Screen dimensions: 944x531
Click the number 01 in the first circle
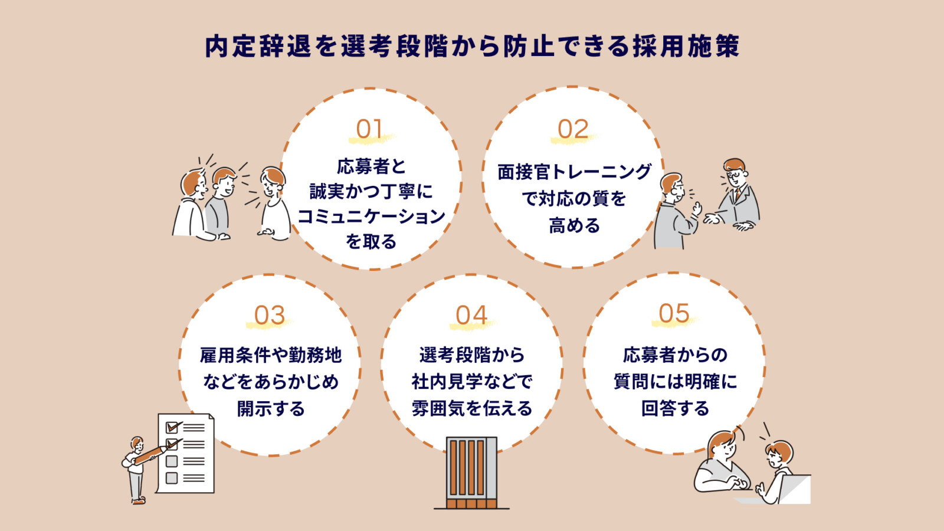click(369, 129)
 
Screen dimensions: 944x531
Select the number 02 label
click(573, 129)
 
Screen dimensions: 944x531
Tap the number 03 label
click(270, 316)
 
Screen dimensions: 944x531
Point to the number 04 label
click(471, 316)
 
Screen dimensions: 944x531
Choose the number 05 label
click(674, 313)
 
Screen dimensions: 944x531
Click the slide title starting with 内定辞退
click(472, 46)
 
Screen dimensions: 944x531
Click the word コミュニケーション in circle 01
click(371, 217)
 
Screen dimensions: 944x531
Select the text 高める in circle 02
click(574, 225)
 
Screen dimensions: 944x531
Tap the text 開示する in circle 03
click(271, 408)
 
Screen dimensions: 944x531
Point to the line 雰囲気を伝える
click(472, 408)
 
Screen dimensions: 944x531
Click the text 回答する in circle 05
click(675, 408)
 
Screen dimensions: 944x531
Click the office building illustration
click(471, 472)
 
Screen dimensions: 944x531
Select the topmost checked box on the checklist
click(172, 427)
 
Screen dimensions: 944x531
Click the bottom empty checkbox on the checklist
click(172, 478)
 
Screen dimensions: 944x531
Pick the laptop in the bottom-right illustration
click(794, 489)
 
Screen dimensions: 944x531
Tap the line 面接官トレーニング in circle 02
click(574, 172)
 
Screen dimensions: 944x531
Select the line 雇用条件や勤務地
click(271, 355)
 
